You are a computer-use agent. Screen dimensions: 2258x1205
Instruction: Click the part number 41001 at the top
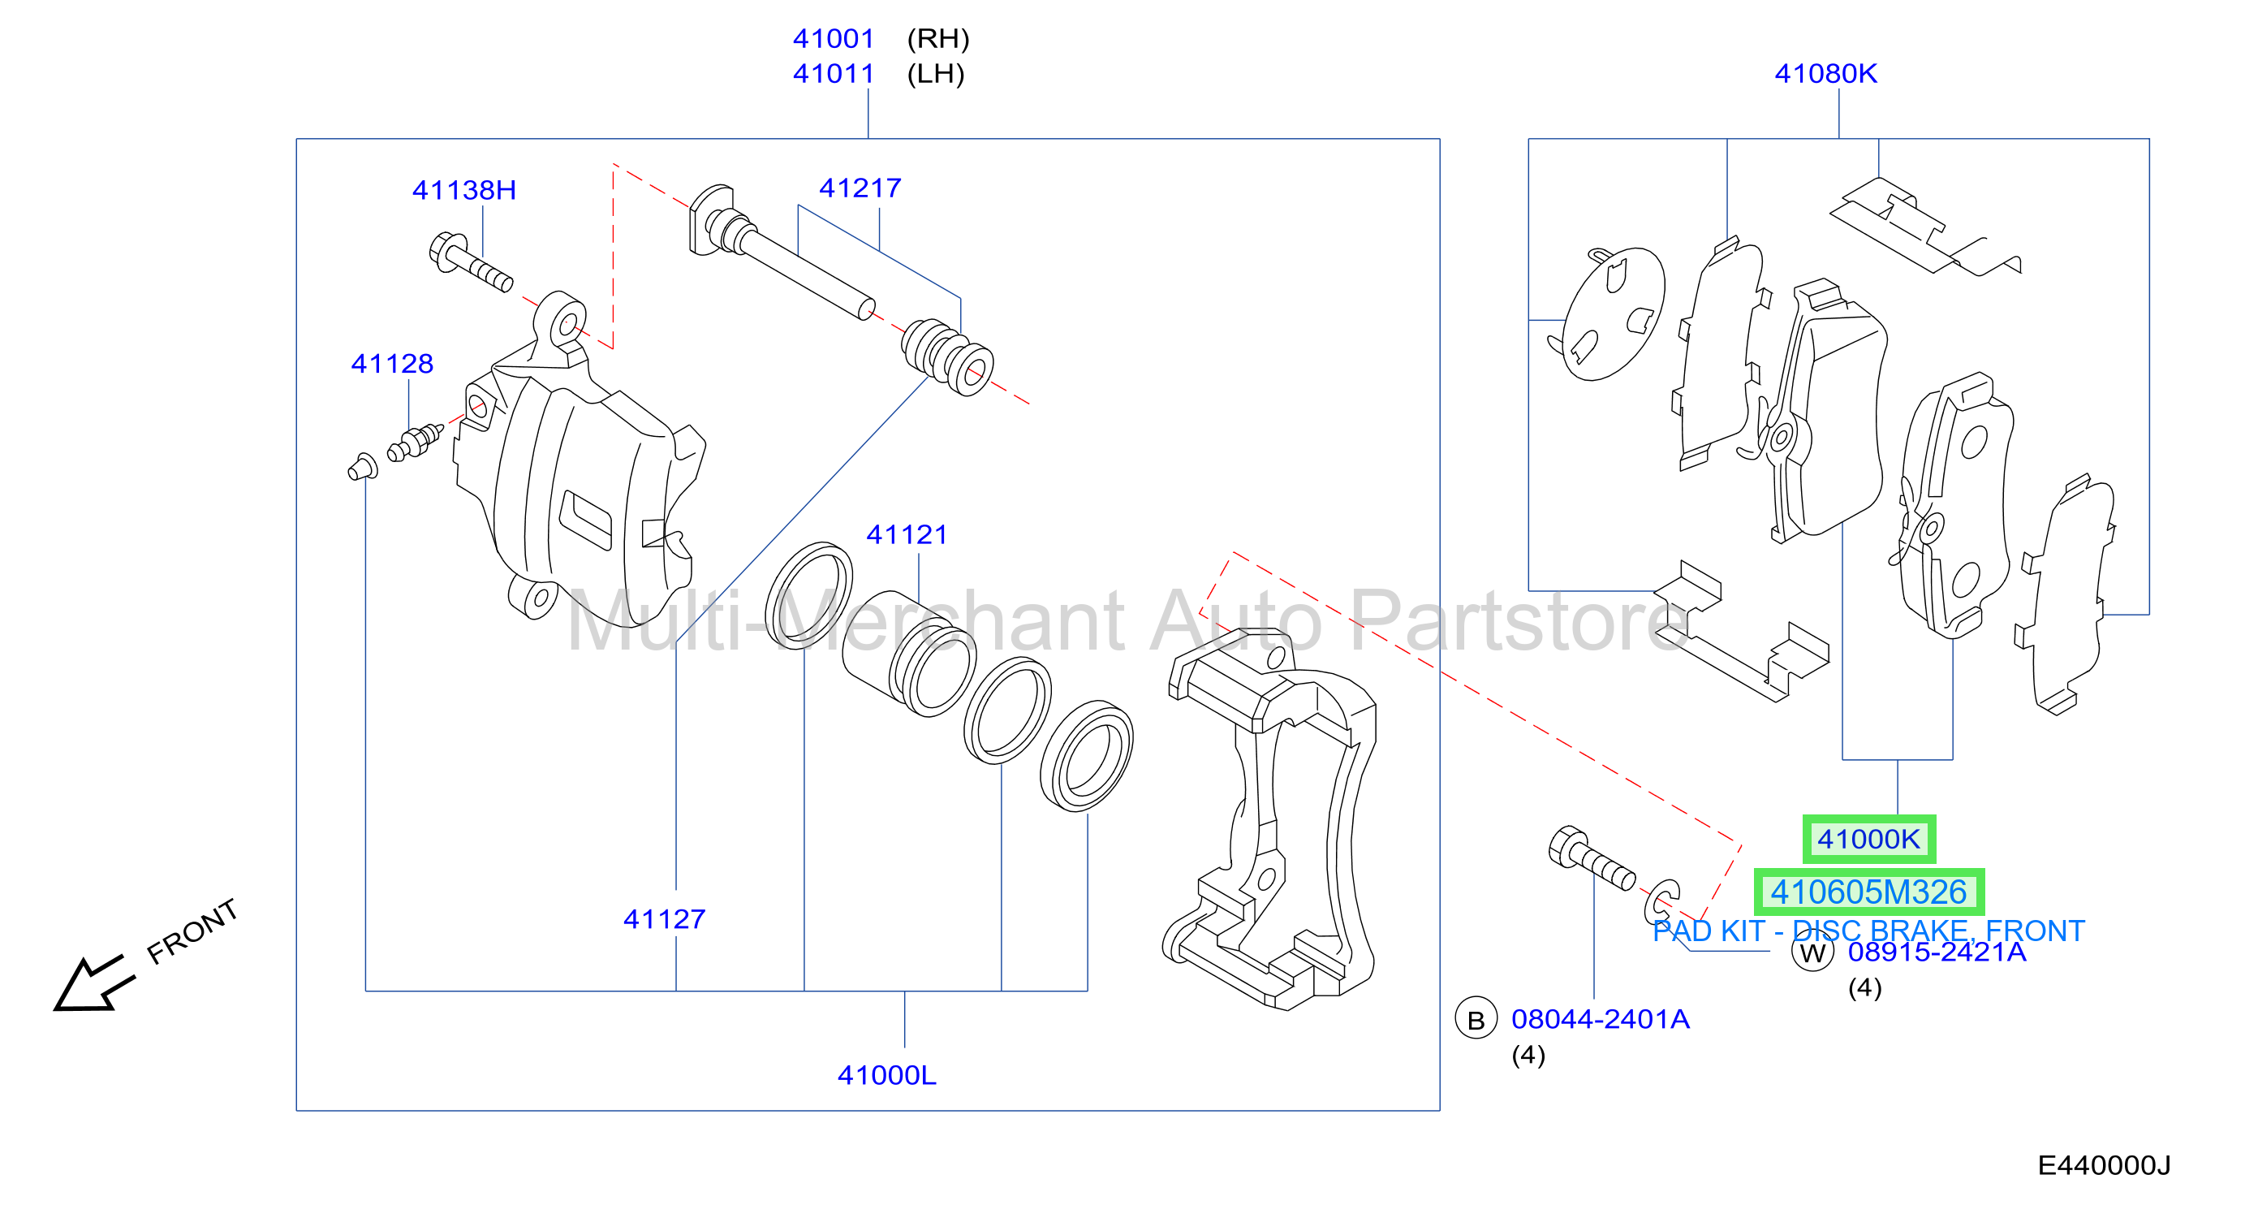(x=833, y=39)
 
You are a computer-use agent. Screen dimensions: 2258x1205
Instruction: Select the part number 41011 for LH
(x=833, y=74)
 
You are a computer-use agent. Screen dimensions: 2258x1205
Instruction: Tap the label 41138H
(x=463, y=190)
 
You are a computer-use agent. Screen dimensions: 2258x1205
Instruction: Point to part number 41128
(x=392, y=364)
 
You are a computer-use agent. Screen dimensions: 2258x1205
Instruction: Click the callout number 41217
(x=860, y=188)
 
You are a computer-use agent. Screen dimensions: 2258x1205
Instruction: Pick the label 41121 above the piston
(x=907, y=535)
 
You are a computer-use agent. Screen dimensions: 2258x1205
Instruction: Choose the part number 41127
(x=664, y=919)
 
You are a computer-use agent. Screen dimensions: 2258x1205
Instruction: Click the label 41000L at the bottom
(x=886, y=1075)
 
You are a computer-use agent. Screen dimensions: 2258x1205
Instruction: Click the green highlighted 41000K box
(x=1868, y=840)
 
